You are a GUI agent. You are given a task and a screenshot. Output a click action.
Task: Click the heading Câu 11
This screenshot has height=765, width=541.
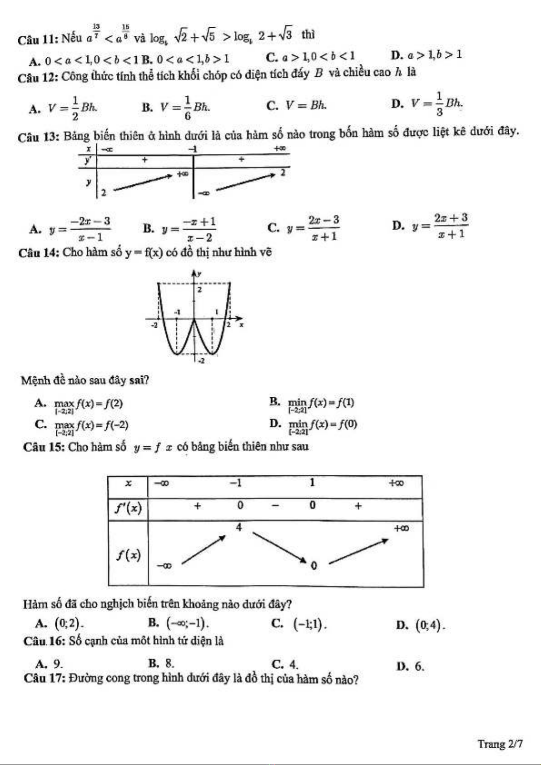pyautogui.click(x=36, y=39)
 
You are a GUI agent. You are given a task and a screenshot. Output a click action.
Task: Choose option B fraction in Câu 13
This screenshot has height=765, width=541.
pyautogui.click(x=189, y=229)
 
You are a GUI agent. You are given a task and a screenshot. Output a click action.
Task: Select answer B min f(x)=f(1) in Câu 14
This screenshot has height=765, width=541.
pyautogui.click(x=321, y=404)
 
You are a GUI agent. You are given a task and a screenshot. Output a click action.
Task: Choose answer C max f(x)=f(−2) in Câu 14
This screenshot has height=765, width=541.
pyautogui.click(x=91, y=425)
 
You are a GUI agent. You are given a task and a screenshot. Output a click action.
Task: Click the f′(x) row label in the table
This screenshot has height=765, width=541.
pyautogui.click(x=128, y=508)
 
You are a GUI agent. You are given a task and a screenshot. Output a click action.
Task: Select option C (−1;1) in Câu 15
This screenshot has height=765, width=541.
pyautogui.click(x=309, y=625)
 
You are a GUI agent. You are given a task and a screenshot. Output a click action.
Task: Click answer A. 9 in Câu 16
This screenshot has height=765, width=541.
pyautogui.click(x=49, y=664)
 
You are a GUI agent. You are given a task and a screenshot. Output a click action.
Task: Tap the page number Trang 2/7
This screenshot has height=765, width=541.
pyautogui.click(x=500, y=744)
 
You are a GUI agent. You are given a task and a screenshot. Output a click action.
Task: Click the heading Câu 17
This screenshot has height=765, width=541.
pyautogui.click(x=45, y=678)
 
